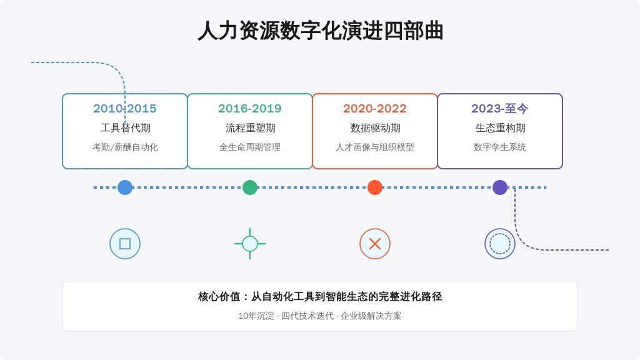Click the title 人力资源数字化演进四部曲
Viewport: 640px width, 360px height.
tap(321, 31)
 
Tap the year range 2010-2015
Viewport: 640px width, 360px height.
tap(125, 109)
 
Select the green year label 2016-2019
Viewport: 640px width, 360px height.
tap(250, 109)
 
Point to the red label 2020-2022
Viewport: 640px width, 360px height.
tap(375, 109)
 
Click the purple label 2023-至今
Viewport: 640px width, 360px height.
tap(499, 109)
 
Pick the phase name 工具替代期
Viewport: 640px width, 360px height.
tap(125, 128)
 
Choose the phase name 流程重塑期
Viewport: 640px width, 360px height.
tap(250, 128)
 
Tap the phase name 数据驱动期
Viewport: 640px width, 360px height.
tap(375, 128)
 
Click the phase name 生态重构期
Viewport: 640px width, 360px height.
tap(500, 128)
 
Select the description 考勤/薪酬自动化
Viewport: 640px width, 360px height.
tap(125, 147)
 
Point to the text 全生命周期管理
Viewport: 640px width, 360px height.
tap(250, 147)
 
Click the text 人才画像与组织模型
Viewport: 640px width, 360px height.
tap(375, 147)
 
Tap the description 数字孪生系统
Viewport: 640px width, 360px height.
tap(499, 147)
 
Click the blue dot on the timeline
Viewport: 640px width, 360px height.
tap(125, 187)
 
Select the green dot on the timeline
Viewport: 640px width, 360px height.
tap(250, 187)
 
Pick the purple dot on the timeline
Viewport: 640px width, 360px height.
tap(499, 187)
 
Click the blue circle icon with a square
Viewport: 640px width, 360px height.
tap(125, 244)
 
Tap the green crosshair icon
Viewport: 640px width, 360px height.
tap(250, 244)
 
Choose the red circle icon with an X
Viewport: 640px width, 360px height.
tap(375, 244)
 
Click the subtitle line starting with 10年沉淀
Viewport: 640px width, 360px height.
tap(320, 316)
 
